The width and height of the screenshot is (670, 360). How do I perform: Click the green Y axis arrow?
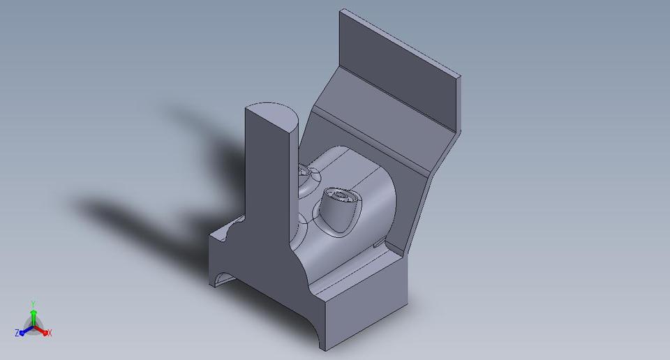pos(33,315)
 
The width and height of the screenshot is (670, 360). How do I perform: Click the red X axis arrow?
pos(43,331)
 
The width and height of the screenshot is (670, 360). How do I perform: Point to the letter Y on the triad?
pos(33,303)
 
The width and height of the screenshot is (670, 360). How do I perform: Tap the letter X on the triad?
pos(50,333)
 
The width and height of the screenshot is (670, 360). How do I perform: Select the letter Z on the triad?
pos(17,333)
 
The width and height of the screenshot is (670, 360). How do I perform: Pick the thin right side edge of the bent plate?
pos(419,209)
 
